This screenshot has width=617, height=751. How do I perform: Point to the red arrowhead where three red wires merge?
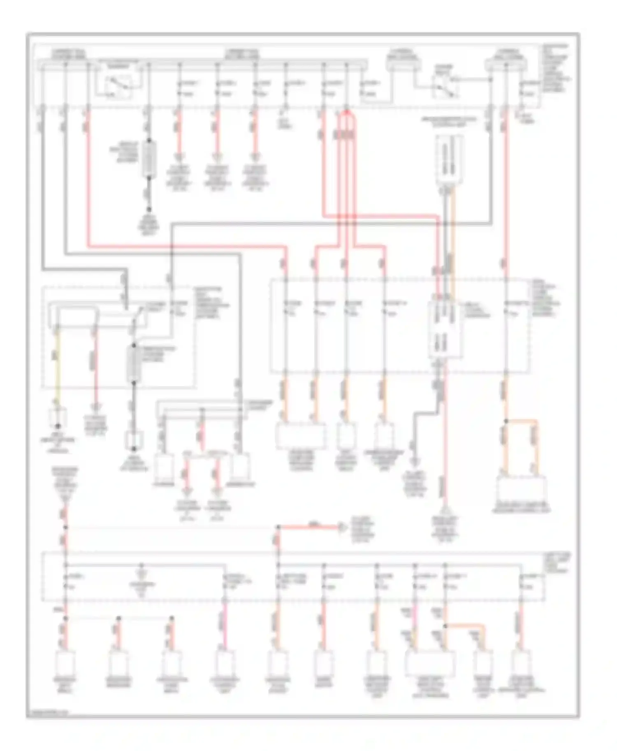346,111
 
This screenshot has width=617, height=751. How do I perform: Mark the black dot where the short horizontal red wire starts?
278,527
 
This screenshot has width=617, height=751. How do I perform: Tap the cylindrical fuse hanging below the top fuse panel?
149,159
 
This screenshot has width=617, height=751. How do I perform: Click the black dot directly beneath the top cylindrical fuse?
149,209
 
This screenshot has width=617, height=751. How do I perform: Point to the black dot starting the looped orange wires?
506,421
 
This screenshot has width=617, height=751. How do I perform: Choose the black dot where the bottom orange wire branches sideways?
445,626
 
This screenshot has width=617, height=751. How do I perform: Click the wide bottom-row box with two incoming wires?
430,663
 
